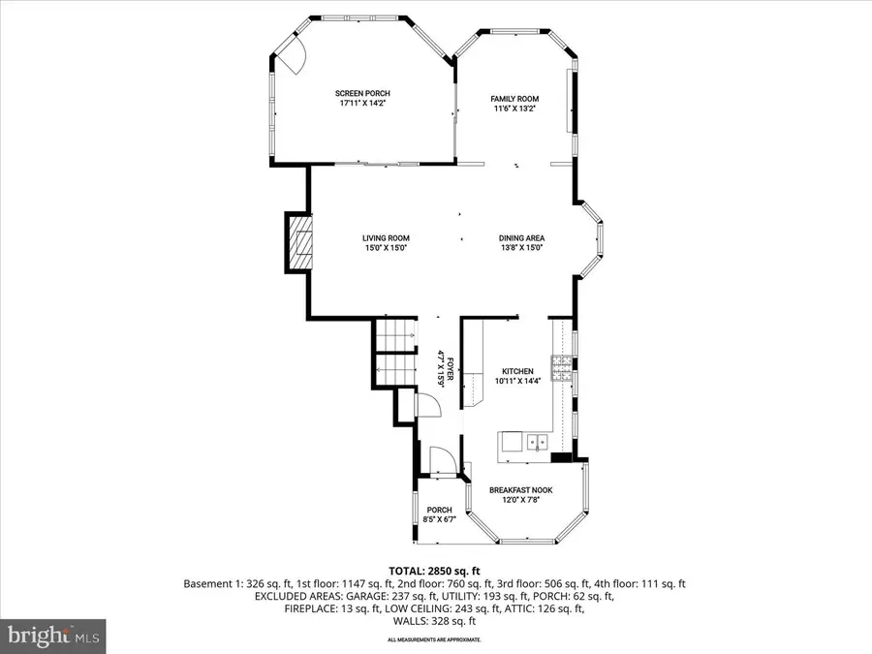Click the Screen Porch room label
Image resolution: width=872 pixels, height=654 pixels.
[362, 94]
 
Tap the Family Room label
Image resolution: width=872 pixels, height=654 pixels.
[514, 99]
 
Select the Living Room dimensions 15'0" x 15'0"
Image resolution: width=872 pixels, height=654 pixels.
[386, 249]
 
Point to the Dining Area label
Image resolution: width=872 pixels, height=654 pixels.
[521, 238]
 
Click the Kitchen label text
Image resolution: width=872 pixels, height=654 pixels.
[516, 371]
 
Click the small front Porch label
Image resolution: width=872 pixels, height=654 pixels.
[439, 510]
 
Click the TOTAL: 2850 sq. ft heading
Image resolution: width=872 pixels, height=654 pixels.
[434, 571]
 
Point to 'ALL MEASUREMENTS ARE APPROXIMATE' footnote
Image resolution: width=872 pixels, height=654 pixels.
[434, 640]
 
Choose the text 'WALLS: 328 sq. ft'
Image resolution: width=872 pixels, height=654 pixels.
[434, 623]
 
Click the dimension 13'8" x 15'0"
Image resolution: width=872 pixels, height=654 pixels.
[521, 249]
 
